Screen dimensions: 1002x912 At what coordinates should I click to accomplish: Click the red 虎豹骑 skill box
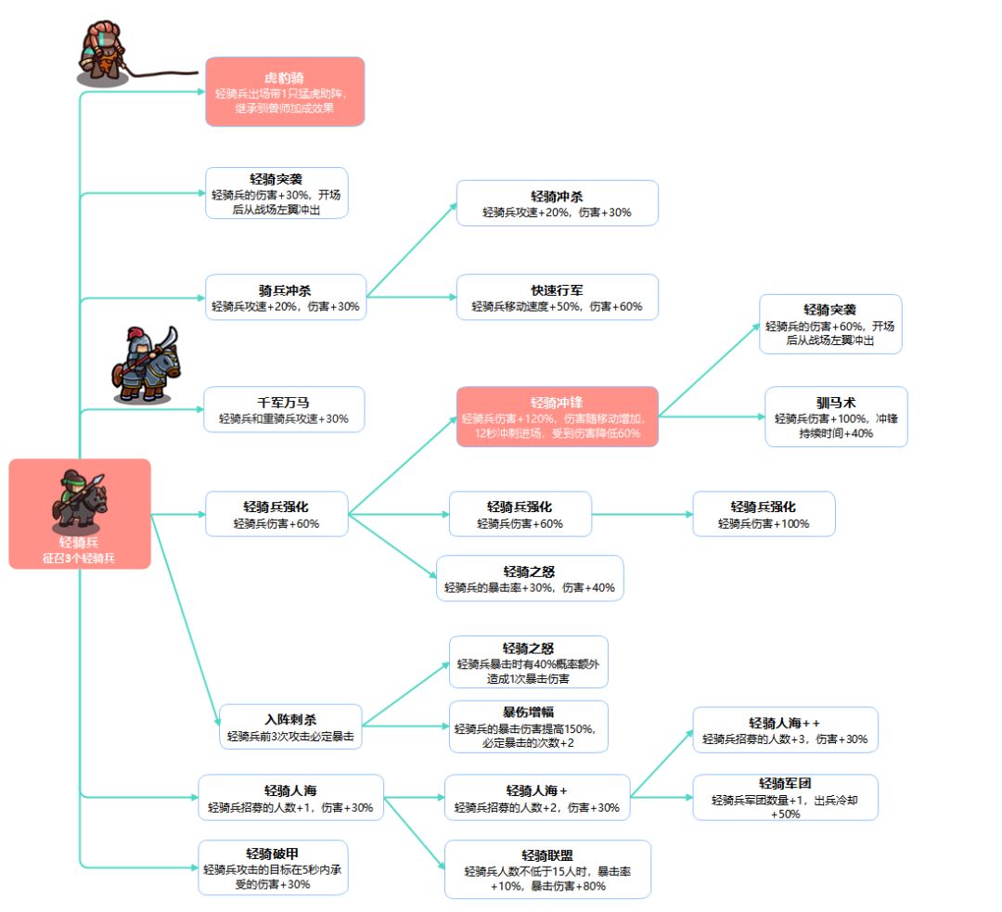[x=285, y=92]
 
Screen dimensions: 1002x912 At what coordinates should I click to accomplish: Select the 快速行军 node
[x=558, y=297]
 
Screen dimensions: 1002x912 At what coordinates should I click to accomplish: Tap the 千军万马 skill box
[x=284, y=410]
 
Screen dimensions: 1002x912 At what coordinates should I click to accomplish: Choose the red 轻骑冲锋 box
[x=558, y=417]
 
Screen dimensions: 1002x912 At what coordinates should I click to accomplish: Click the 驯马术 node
[x=836, y=417]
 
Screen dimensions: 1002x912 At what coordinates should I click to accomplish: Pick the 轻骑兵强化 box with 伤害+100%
[x=764, y=514]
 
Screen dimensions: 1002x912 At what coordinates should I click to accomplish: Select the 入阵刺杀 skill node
[x=290, y=726]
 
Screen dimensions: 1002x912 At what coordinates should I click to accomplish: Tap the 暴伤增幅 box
[x=529, y=726]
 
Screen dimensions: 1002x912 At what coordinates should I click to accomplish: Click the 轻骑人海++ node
[x=786, y=730]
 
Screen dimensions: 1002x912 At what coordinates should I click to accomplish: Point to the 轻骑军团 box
[x=786, y=798]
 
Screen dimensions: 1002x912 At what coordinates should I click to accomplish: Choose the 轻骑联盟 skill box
[x=547, y=869]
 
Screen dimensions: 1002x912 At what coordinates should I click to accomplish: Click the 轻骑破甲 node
[x=273, y=867]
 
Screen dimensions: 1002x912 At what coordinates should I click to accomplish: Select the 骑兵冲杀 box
[x=285, y=297]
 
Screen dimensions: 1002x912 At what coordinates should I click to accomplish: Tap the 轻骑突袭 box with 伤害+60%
[x=830, y=324]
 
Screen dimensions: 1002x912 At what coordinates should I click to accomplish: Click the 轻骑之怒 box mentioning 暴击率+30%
[x=530, y=578]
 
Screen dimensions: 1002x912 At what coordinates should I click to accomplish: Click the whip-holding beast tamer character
[x=102, y=54]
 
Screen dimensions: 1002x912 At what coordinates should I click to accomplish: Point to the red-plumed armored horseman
[x=146, y=366]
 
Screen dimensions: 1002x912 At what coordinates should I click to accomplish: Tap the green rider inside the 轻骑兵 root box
[x=79, y=501]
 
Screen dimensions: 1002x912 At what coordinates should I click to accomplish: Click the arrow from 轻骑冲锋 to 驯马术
[x=712, y=417]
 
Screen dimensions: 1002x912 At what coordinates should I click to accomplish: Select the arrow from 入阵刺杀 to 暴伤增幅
[x=405, y=726]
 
